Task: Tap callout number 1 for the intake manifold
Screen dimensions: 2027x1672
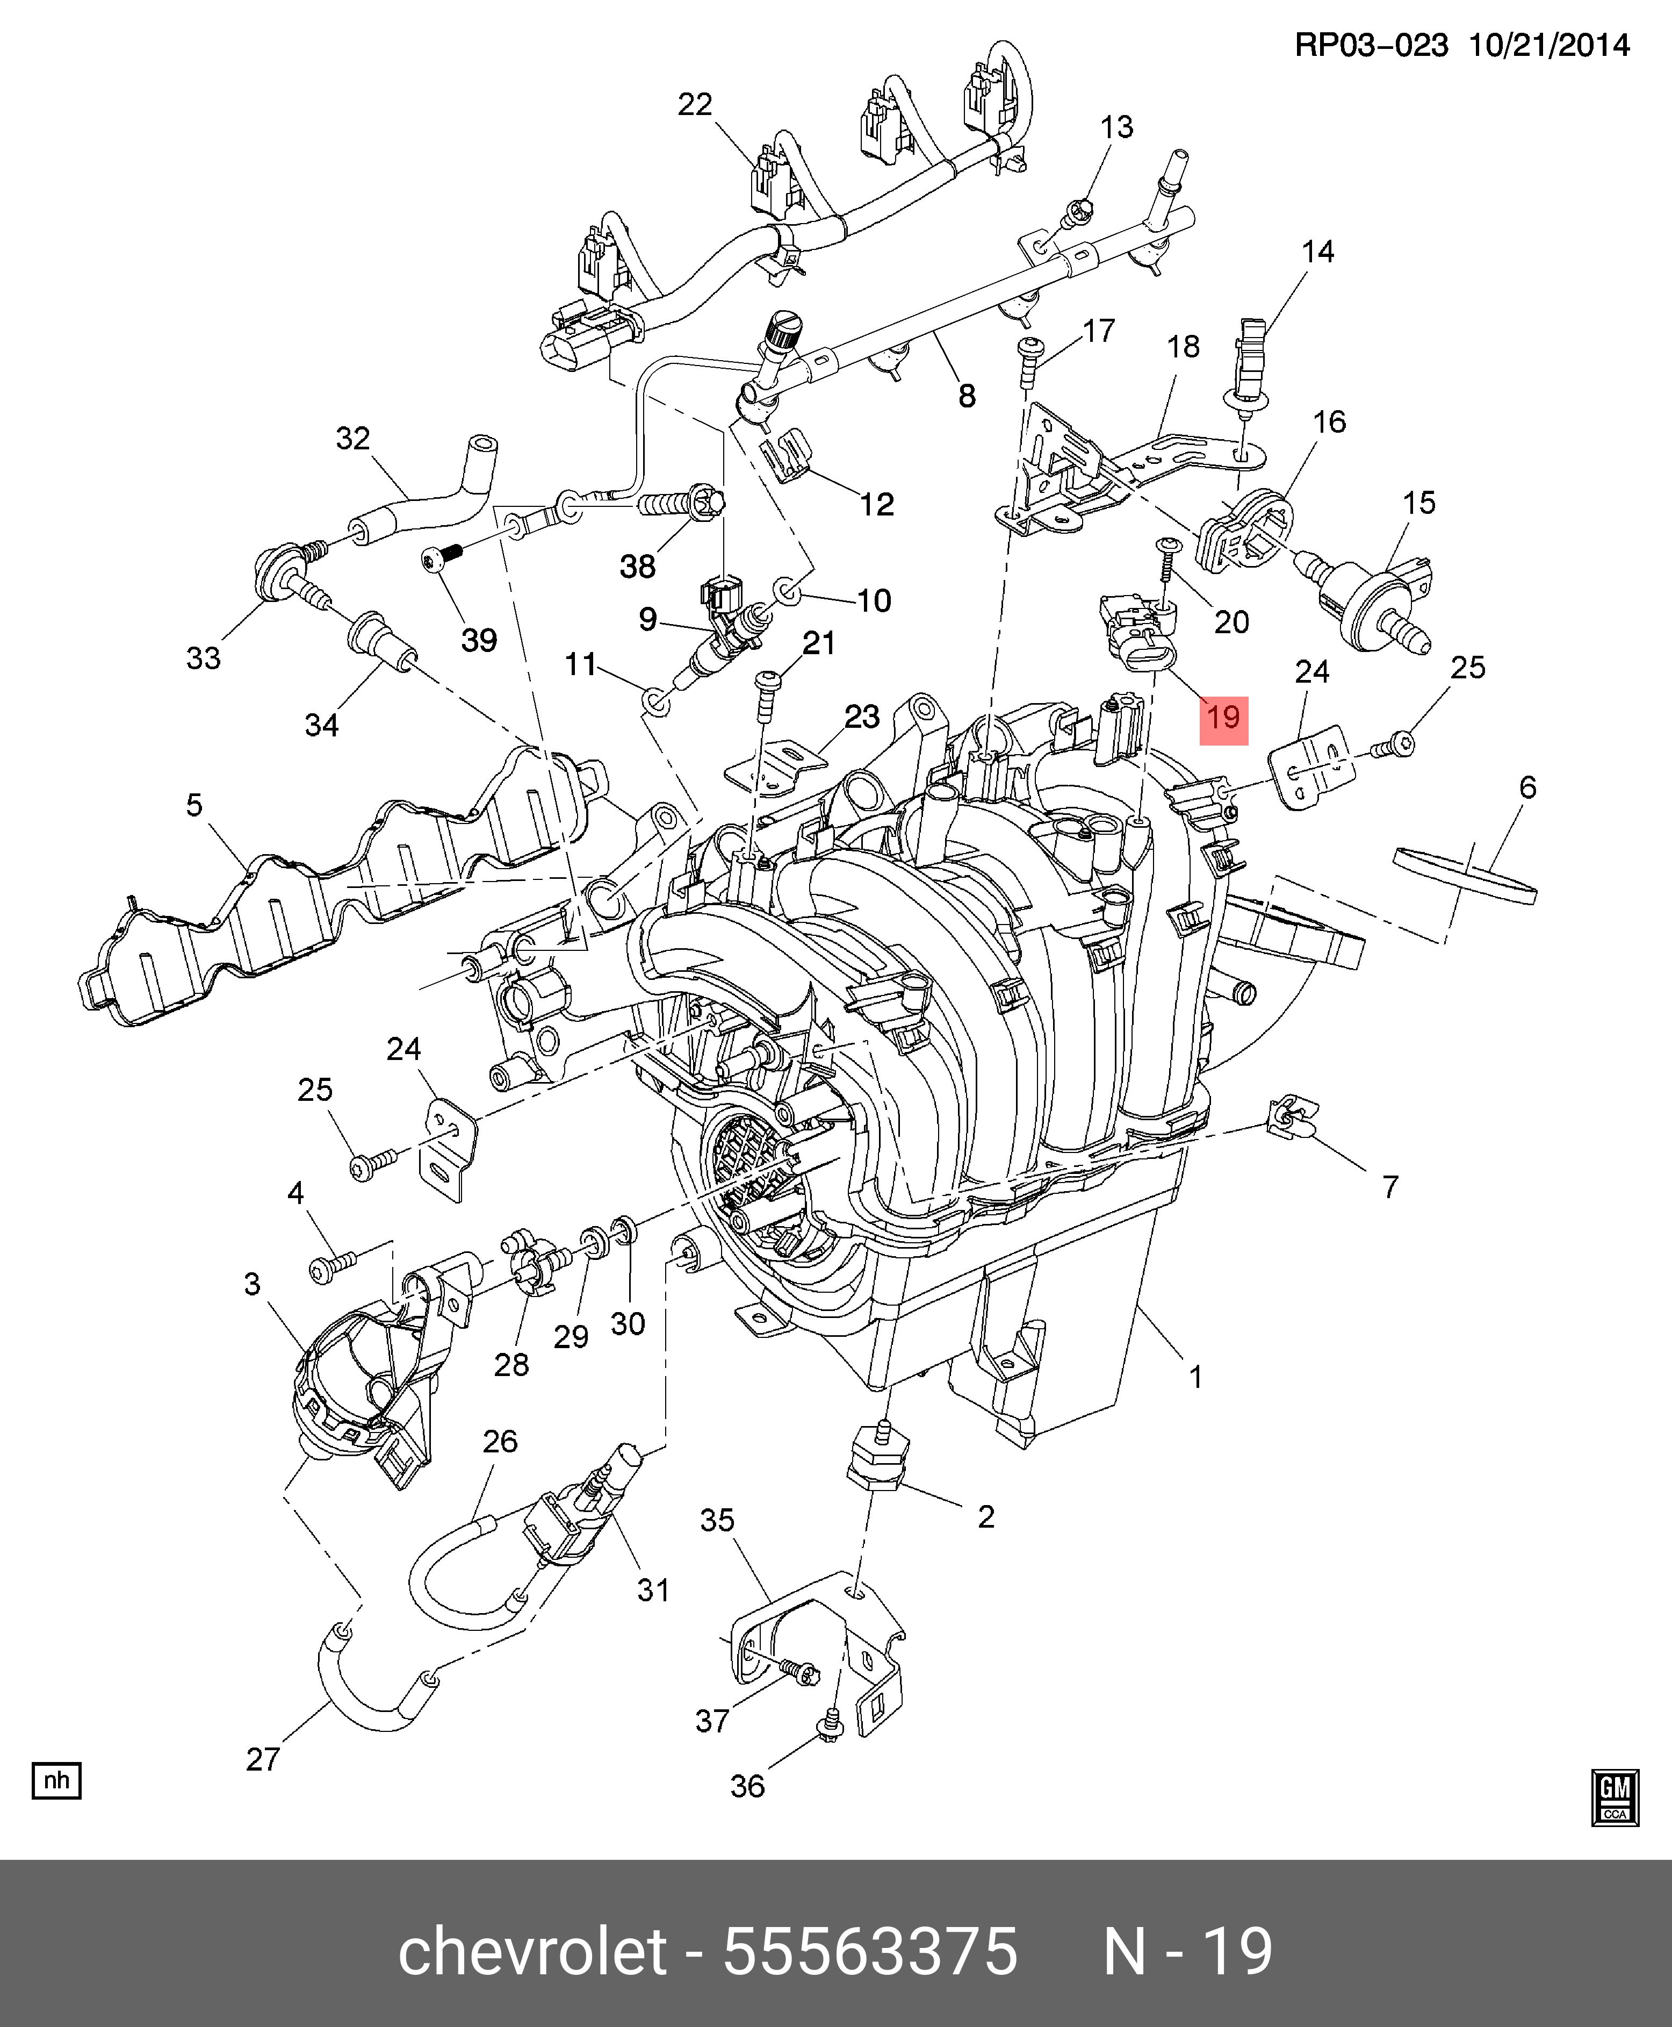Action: click(1195, 1378)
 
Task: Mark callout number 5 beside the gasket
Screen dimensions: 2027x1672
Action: click(194, 805)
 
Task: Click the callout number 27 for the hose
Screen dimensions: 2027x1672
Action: click(263, 1759)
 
